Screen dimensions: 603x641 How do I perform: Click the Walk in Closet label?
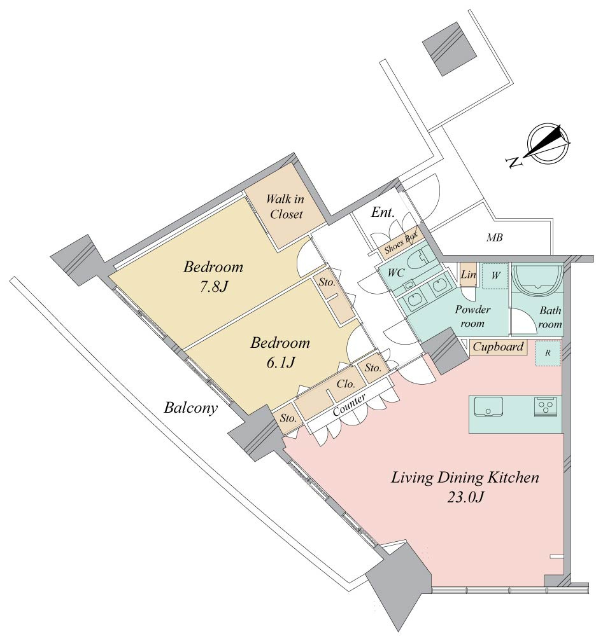click(285, 207)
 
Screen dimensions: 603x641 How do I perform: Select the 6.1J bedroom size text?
click(280, 362)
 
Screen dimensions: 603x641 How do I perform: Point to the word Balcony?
click(191, 408)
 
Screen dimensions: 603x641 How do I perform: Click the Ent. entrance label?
click(383, 212)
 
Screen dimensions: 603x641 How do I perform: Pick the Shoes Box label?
click(401, 242)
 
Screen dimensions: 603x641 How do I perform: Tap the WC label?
click(395, 273)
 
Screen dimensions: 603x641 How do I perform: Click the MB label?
click(495, 237)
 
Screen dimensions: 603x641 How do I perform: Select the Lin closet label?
click(468, 274)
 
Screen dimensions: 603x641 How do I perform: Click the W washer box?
click(495, 276)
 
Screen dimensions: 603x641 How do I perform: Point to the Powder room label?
click(472, 316)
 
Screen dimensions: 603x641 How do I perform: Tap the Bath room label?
click(550, 317)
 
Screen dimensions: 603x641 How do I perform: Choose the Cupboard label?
click(498, 347)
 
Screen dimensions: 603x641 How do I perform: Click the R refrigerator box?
click(548, 353)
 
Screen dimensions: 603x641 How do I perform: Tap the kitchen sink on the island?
click(488, 406)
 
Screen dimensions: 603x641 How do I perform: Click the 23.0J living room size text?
click(465, 497)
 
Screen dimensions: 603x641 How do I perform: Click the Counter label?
click(349, 405)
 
